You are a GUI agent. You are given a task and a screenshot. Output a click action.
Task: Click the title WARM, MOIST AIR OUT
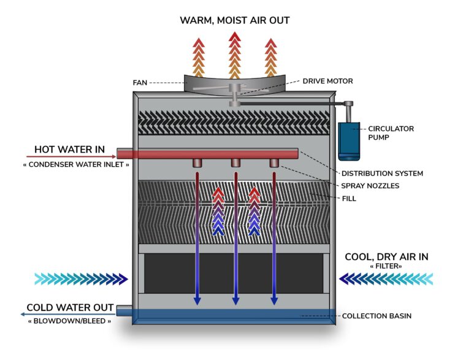click(234, 20)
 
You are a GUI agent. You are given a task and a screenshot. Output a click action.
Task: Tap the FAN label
click(140, 82)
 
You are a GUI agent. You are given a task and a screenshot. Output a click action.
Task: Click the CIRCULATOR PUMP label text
click(391, 133)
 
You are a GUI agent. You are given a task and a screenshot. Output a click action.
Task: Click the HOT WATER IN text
click(69, 149)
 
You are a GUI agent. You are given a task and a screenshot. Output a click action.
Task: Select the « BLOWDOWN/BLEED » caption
click(69, 320)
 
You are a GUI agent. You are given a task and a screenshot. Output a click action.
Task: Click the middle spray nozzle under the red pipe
click(235, 163)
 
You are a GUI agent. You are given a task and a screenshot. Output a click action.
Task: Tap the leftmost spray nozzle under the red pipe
click(197, 163)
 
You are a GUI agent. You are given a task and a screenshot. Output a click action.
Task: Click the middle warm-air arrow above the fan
click(234, 55)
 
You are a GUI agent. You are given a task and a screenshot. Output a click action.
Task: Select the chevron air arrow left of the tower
click(80, 279)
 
